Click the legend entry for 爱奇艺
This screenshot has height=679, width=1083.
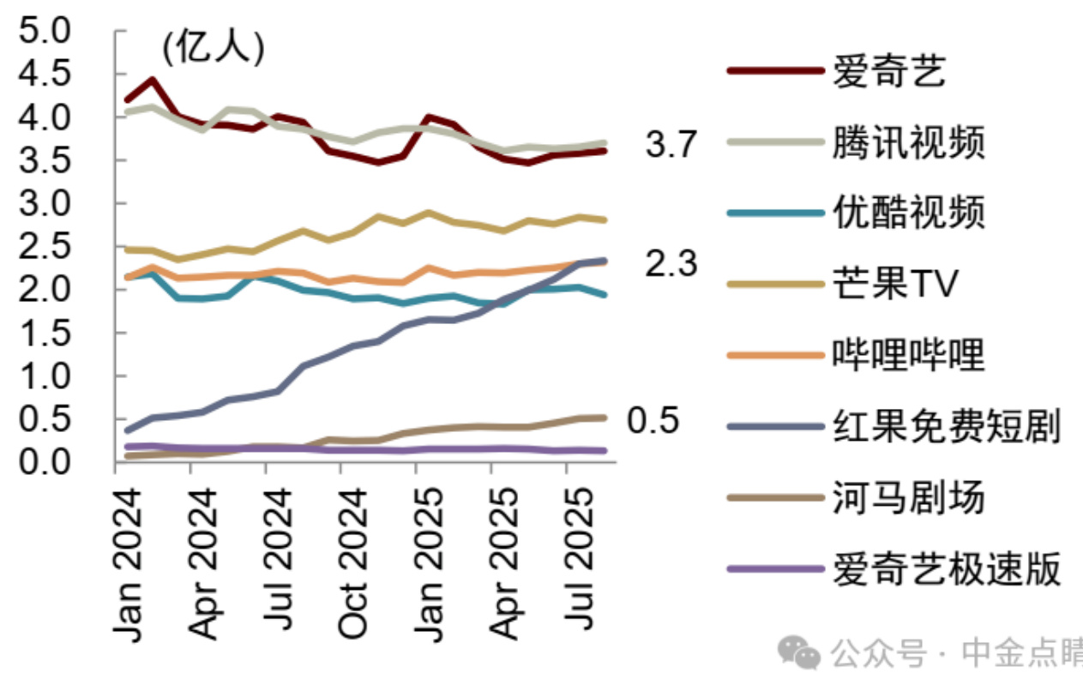887,71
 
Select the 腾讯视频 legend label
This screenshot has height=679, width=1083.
908,141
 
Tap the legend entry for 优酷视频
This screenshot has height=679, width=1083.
908,212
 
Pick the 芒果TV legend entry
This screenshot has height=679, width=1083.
894,283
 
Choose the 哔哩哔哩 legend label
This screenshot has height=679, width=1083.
908,353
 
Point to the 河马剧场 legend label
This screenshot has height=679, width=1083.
908,496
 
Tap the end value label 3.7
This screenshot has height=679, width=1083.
671,146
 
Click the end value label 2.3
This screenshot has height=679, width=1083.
671,264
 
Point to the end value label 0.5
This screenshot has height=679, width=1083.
653,421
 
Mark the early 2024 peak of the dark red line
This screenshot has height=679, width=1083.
152,80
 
